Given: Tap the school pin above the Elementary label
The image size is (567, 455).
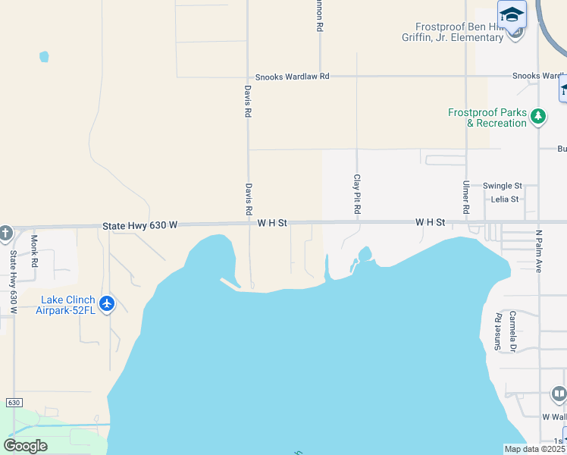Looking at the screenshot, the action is point(512,15).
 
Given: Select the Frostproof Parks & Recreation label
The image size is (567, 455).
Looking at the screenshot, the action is point(487,118).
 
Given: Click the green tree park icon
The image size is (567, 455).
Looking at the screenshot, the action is point(538,117).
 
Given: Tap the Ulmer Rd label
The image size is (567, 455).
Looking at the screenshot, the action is point(466,196).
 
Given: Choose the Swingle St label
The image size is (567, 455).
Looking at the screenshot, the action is point(503,186).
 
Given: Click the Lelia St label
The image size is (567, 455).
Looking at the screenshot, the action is point(504,199).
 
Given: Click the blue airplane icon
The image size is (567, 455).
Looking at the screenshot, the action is point(107,304).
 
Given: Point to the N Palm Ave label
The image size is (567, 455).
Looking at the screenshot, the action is point(540,251).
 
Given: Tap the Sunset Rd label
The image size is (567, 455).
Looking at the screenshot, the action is point(498,331).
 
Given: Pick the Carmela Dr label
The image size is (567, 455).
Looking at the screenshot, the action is point(512,331).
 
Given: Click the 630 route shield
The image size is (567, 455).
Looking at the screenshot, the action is point(13,402).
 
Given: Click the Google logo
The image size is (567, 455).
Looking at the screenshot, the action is point(25,446).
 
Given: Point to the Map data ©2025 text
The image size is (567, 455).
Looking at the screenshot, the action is point(535,449).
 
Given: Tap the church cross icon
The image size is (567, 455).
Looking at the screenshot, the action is point(5,234).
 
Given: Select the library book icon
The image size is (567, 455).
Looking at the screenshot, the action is point(559,394).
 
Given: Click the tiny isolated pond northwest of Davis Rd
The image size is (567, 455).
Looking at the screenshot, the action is point(44,57).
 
